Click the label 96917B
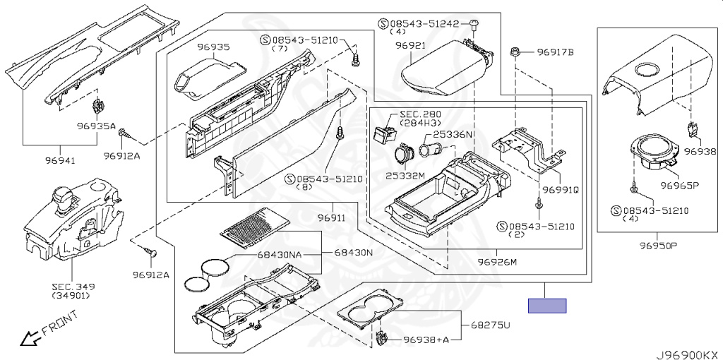click(556, 52)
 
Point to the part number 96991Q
click(561, 190)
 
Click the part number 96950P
click(658, 246)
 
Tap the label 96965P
click(679, 186)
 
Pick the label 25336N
click(455, 134)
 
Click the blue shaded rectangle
click(548, 306)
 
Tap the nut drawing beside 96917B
click(517, 52)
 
